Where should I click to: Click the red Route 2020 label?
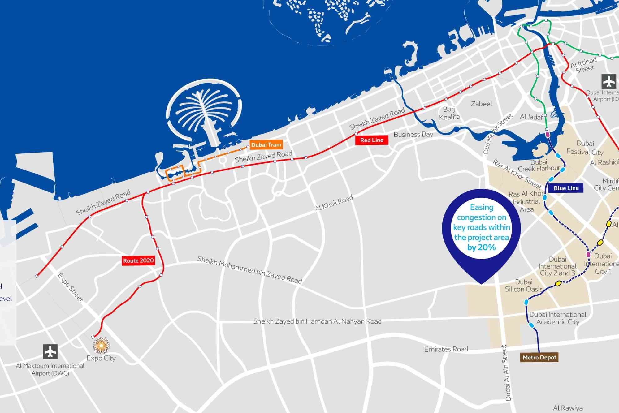(138, 260)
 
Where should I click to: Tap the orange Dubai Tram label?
(266, 145)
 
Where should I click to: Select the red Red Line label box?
(371, 140)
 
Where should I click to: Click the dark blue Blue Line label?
(566, 188)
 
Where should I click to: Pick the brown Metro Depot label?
(539, 358)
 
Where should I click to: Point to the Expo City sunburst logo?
(101, 345)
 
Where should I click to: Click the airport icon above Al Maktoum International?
(50, 351)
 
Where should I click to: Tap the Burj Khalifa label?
(449, 113)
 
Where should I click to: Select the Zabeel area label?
(481, 104)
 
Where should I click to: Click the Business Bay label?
(413, 135)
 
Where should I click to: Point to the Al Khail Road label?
(334, 203)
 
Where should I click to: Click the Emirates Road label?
(446, 349)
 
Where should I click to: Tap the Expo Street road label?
(70, 287)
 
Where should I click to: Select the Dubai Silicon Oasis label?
(524, 286)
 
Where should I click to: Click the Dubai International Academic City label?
(558, 318)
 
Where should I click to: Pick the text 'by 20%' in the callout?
(481, 247)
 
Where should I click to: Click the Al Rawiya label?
(568, 408)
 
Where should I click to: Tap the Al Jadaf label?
(531, 117)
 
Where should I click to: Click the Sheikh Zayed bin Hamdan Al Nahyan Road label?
(317, 321)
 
